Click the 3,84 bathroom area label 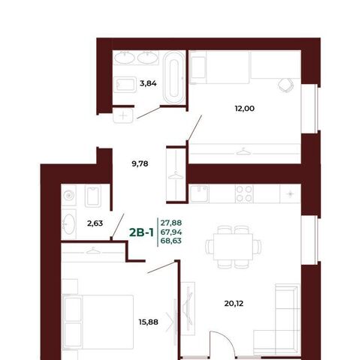148,83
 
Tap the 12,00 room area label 245,109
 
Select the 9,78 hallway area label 140,163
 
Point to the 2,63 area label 95,223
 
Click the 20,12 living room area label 234,304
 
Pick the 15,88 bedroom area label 149,322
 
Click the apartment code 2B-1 141,232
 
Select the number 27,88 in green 171,222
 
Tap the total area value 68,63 171,241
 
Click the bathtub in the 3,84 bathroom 174,78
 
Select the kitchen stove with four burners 244,193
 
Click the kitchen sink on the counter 199,193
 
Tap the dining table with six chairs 234,247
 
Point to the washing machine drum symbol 68,195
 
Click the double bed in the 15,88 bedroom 98,322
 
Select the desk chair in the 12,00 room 286,85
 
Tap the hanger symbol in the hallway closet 176,175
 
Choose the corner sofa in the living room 276,319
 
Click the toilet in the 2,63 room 93,196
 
